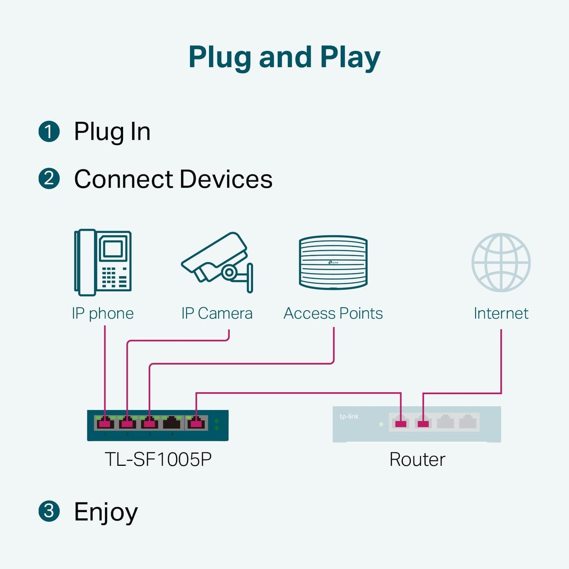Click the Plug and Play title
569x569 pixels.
[284, 57]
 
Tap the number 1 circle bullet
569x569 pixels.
[49, 131]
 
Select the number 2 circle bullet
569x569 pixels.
[49, 179]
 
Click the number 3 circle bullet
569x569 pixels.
[49, 511]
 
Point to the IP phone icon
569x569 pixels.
[103, 262]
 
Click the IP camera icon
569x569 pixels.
[217, 262]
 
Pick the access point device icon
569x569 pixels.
[333, 262]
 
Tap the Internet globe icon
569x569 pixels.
[501, 262]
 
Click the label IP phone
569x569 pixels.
[103, 313]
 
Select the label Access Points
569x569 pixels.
[333, 313]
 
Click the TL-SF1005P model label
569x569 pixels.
[158, 459]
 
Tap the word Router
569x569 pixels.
[417, 459]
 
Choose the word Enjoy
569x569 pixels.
[106, 512]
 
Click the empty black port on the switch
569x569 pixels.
[172, 423]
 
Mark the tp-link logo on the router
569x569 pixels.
[349, 417]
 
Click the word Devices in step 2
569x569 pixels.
[226, 179]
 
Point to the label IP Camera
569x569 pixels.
[217, 313]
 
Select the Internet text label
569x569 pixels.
[501, 313]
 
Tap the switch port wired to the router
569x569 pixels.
[196, 423]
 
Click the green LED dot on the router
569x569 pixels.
[381, 424]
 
